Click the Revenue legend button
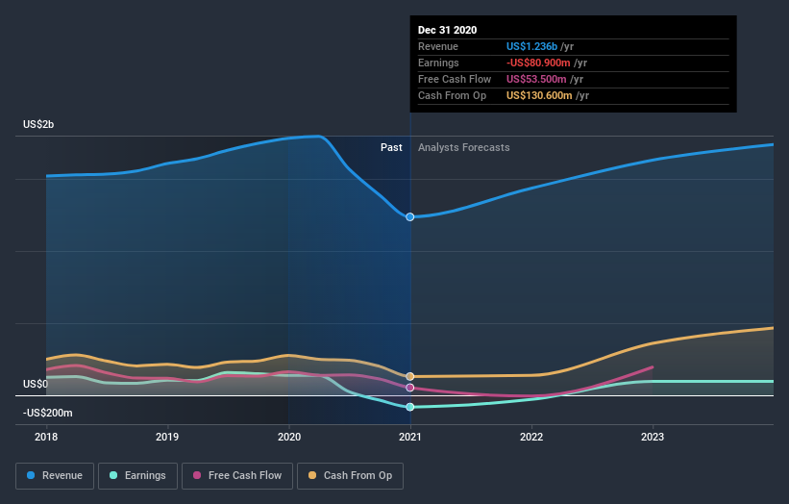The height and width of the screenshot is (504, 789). point(56,475)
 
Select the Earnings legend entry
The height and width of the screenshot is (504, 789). point(137,475)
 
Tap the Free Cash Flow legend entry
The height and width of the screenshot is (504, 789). point(237,475)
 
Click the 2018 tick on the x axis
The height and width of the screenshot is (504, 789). point(46,437)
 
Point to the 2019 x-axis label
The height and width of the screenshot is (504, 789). point(167,437)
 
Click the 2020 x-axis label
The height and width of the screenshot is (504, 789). point(288,437)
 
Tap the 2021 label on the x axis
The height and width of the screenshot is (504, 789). point(410,437)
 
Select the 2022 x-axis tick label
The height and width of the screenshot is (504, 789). point(531,437)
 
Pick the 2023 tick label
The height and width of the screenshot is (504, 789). point(653,437)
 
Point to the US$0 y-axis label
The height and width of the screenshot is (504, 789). point(36,384)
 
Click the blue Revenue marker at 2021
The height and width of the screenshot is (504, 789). point(410,216)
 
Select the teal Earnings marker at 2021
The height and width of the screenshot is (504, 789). point(410,407)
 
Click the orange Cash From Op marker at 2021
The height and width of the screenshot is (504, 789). point(410,376)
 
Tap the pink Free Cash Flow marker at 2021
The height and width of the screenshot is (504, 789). point(410,388)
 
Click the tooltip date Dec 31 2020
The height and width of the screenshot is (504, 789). point(447,31)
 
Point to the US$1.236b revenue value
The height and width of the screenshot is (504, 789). point(539,46)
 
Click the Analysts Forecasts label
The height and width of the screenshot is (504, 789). point(463,147)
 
